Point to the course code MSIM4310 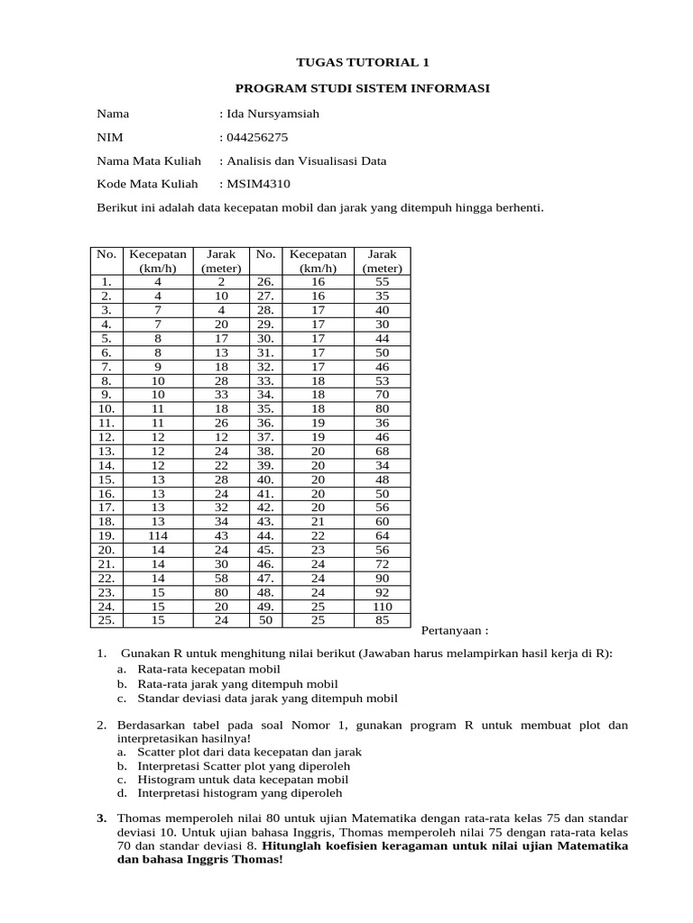tap(254, 185)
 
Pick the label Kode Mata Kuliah tap(147, 185)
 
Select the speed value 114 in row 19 tap(158, 535)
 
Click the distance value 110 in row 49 tap(383, 608)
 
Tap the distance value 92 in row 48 tap(383, 593)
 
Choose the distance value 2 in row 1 tap(221, 282)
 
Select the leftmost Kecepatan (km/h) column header tap(158, 261)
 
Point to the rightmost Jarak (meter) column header tap(383, 261)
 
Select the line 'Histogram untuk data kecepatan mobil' tap(243, 780)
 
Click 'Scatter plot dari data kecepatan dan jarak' tap(249, 752)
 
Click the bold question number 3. tap(101, 818)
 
